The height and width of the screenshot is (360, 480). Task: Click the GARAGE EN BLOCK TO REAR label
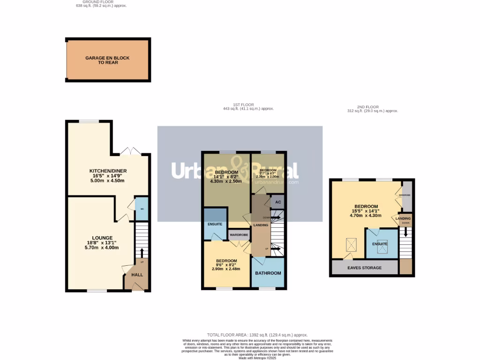107,60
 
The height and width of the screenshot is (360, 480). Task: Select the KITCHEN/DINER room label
108,171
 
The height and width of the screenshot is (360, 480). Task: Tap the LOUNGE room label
102,238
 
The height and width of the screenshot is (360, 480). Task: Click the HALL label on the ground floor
137,275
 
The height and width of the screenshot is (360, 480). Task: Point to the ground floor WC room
141,209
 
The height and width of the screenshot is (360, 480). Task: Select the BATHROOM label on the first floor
268,273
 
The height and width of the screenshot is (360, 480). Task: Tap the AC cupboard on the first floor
277,202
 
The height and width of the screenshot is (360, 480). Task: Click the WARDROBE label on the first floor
239,234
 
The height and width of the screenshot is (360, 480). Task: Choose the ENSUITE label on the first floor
215,224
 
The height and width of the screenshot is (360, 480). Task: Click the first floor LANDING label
261,225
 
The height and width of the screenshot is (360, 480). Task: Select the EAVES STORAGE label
365,268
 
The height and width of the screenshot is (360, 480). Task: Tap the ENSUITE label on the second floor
380,244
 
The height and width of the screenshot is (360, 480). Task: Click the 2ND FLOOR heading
371,107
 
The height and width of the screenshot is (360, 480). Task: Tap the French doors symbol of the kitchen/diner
130,151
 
